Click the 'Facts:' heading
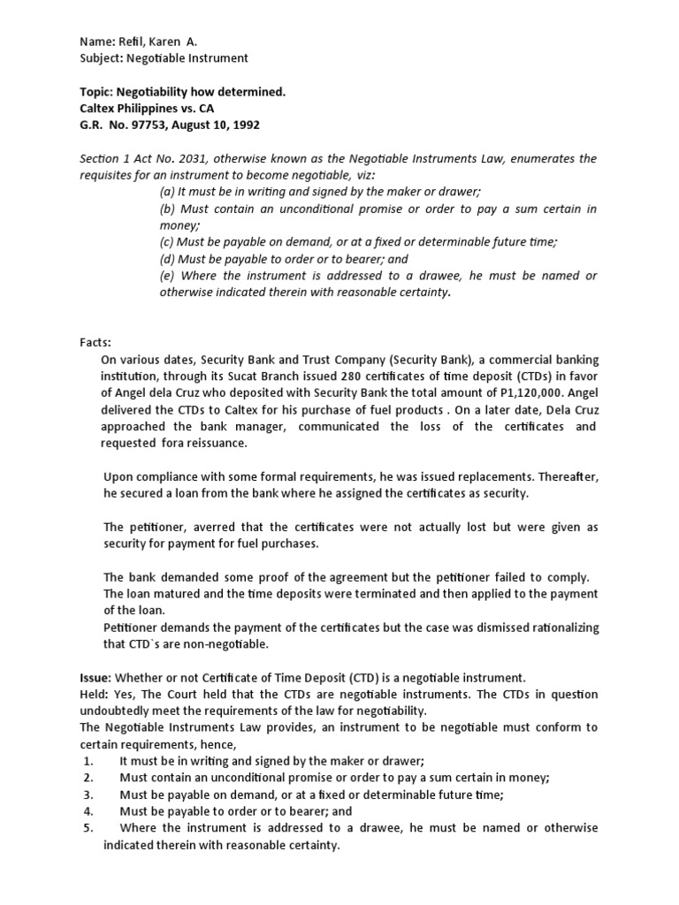(99, 342)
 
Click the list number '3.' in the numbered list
(88, 795)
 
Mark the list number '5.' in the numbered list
(88, 828)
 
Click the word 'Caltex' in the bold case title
(101, 108)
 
